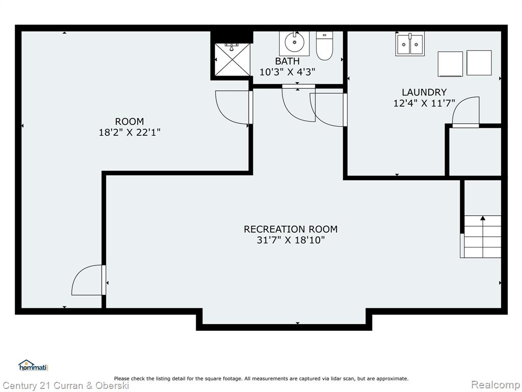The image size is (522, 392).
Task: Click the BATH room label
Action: click(x=288, y=61)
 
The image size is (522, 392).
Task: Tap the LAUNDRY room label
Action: click(x=424, y=92)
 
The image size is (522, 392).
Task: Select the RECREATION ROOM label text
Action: click(x=291, y=229)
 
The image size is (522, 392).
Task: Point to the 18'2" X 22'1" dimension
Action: click(x=129, y=133)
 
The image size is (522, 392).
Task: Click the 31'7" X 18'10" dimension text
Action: click(x=291, y=240)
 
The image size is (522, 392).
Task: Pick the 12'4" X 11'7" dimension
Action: click(x=424, y=103)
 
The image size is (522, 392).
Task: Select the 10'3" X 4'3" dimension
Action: click(x=288, y=72)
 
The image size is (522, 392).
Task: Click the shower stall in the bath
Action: click(x=232, y=60)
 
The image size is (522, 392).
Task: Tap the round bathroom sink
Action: click(x=294, y=43)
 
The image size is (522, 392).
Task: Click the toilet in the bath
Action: click(x=325, y=45)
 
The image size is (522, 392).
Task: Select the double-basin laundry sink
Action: click(x=410, y=44)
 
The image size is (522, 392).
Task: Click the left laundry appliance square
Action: click(x=450, y=64)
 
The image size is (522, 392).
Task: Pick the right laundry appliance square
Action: click(x=479, y=63)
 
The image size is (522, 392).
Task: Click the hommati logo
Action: click(x=34, y=365)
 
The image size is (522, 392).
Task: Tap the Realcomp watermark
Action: click(x=496, y=385)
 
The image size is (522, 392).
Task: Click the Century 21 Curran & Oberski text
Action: click(x=66, y=386)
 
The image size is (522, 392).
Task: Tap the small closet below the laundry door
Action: click(x=475, y=152)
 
